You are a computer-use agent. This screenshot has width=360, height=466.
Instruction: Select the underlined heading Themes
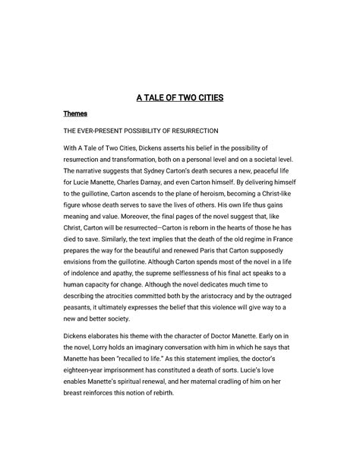pos(75,113)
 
